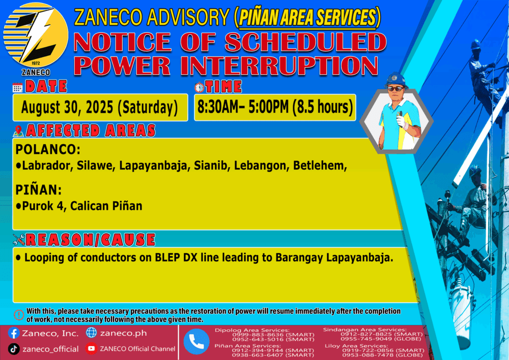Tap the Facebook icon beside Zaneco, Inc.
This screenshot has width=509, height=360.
(x=13, y=333)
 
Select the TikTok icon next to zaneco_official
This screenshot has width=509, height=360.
(x=13, y=349)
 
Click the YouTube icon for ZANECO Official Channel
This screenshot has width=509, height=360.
(x=91, y=349)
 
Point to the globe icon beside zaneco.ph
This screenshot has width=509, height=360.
(x=91, y=333)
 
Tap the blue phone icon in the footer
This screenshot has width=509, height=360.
(x=196, y=342)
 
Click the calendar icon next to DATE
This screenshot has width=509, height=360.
(x=17, y=88)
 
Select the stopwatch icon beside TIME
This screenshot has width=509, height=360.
(x=199, y=87)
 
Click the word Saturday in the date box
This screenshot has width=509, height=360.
(x=148, y=107)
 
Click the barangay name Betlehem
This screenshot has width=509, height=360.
(x=320, y=166)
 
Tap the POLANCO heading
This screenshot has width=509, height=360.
(x=48, y=150)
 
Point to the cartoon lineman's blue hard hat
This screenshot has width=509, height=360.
(x=396, y=80)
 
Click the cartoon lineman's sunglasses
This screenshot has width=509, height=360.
(x=395, y=89)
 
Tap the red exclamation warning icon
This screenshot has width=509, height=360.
(x=19, y=315)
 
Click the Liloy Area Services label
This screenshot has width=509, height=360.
(x=356, y=346)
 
